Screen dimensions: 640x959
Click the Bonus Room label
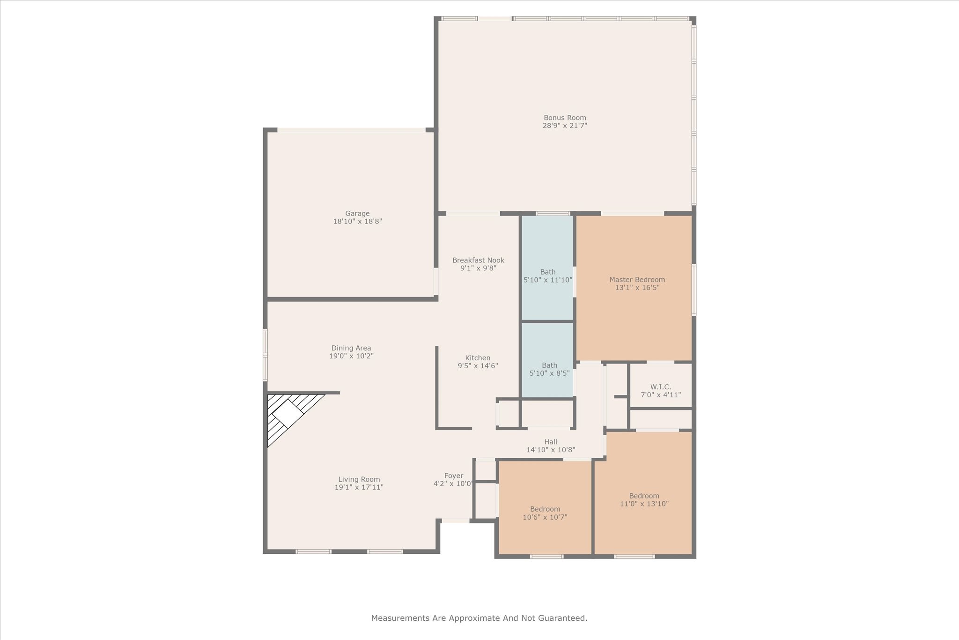point(565,118)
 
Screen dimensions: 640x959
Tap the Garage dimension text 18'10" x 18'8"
point(357,221)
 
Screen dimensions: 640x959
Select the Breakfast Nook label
point(478,260)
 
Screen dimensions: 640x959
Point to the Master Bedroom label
point(637,279)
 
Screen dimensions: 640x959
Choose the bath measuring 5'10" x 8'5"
point(549,369)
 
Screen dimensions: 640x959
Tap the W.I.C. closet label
point(660,387)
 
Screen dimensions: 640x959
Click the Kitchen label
point(478,357)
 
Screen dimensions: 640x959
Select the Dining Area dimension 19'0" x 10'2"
point(351,356)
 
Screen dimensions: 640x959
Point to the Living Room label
point(359,479)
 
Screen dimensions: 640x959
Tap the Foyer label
point(453,476)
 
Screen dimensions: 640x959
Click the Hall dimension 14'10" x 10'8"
point(551,450)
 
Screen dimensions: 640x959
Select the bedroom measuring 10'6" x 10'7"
point(545,513)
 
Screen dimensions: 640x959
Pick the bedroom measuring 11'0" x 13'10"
point(644,500)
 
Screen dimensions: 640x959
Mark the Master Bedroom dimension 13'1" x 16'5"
point(637,288)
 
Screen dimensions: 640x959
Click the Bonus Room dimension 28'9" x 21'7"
point(565,126)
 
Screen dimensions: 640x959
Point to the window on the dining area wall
point(265,355)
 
